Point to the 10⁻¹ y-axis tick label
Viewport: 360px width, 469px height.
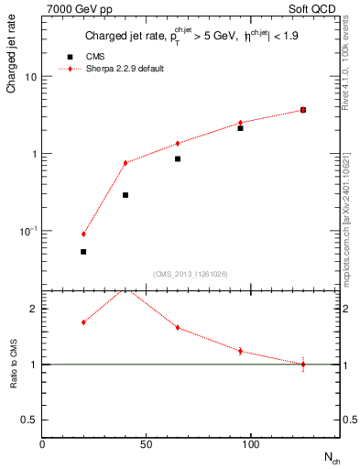coord(28,231)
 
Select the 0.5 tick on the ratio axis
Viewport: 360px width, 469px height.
coord(29,420)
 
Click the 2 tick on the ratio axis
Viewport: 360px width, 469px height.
coord(32,309)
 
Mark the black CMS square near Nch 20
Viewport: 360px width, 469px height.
coord(83,252)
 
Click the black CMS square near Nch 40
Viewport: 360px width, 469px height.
coord(125,195)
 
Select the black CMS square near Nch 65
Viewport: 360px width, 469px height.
coord(178,158)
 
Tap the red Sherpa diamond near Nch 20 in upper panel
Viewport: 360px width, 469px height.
coord(83,234)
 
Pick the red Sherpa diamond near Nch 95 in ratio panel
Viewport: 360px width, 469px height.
coord(240,351)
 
